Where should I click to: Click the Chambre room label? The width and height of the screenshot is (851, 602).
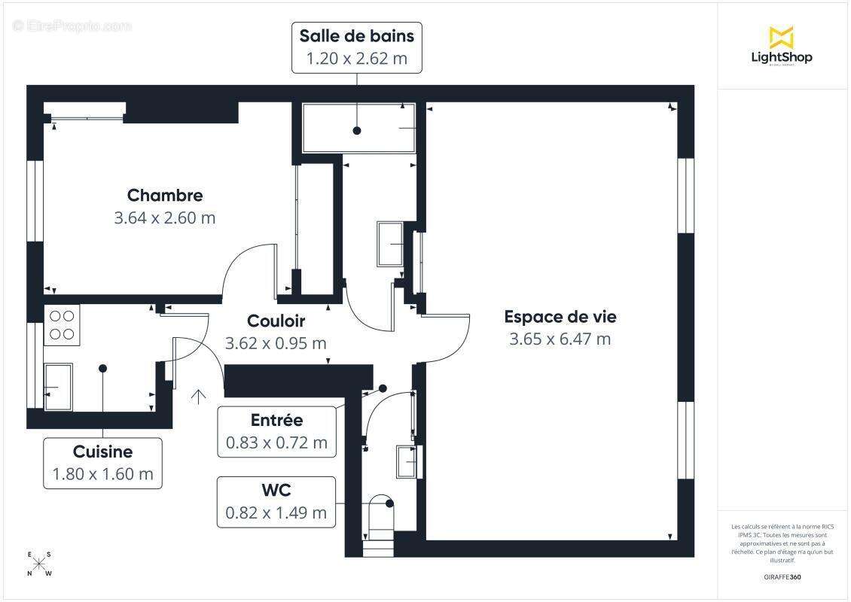[165, 196]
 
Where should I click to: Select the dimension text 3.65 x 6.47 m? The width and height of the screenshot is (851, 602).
[560, 339]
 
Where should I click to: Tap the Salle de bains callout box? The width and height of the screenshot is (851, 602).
[356, 47]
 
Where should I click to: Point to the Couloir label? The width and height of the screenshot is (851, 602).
[276, 321]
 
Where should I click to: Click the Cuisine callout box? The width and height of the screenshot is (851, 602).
[102, 463]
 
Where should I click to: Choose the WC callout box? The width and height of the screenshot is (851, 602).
[276, 502]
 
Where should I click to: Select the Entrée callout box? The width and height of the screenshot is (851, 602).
[276, 431]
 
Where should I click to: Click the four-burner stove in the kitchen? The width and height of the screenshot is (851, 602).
[62, 325]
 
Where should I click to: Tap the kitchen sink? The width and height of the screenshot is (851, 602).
[59, 387]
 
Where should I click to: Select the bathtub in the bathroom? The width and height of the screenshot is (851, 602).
[358, 128]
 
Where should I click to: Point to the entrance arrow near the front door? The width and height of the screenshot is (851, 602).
[199, 397]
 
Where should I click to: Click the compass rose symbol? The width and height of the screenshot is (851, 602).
[39, 564]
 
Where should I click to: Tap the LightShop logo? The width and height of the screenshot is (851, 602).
[781, 47]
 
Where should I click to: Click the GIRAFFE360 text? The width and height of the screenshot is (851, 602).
[782, 577]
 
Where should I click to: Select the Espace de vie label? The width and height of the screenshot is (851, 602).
[560, 317]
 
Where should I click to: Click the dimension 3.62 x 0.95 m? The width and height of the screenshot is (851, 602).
[276, 343]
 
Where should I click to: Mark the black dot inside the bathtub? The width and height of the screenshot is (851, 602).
[357, 131]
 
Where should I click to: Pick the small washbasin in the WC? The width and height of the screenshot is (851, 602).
[407, 461]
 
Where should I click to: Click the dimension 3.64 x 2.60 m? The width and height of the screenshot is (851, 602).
[165, 218]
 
